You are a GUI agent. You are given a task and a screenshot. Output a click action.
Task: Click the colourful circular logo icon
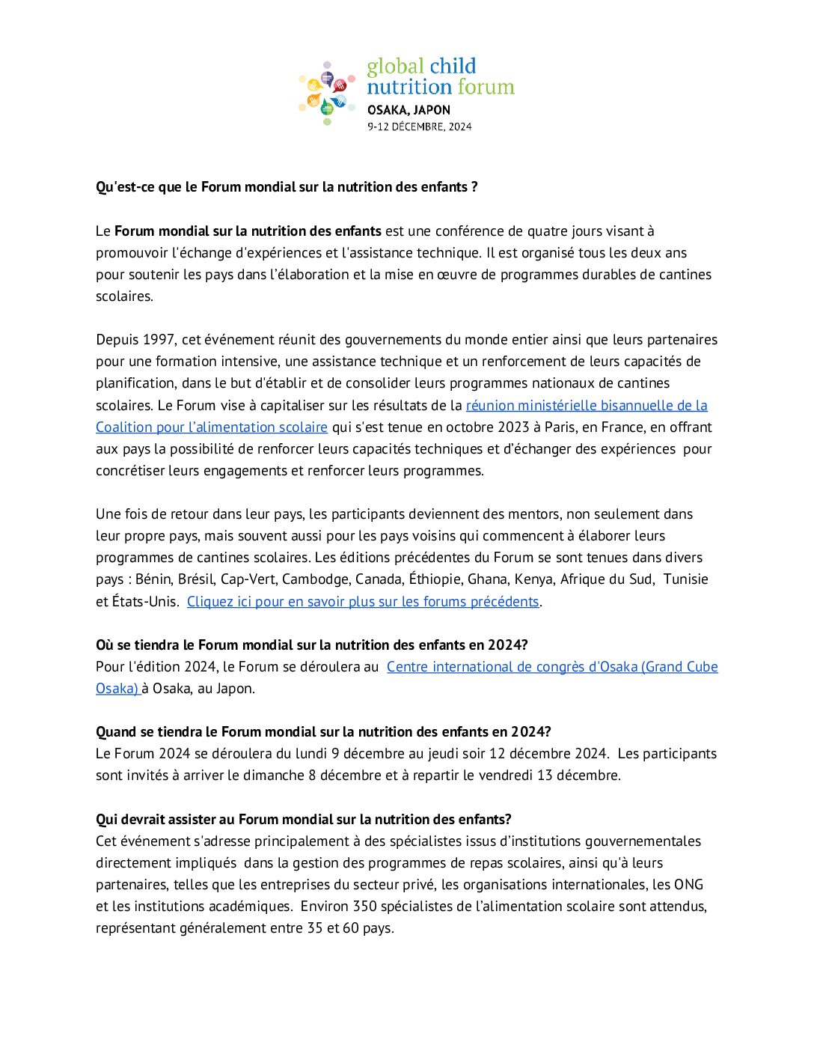tap(327, 93)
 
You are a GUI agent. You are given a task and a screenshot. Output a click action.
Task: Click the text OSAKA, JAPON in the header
tap(408, 110)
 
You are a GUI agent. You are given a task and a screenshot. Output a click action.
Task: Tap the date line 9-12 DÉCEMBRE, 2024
tap(419, 127)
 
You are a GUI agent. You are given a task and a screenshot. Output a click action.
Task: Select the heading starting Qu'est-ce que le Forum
tap(287, 187)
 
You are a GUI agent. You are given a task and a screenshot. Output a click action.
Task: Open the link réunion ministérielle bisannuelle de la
tap(587, 406)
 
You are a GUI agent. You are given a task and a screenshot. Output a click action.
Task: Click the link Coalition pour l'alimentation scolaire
tap(212, 427)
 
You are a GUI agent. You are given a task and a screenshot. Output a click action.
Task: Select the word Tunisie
tap(685, 579)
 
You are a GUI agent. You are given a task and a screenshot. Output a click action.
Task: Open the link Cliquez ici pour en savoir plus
tap(363, 602)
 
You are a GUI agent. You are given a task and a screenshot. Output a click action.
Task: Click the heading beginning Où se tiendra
tap(311, 645)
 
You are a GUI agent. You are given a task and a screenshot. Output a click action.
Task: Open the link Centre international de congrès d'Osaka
tap(552, 667)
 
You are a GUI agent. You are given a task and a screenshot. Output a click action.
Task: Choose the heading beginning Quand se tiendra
tap(323, 732)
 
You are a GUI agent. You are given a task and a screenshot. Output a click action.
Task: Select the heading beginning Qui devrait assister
tap(303, 820)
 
